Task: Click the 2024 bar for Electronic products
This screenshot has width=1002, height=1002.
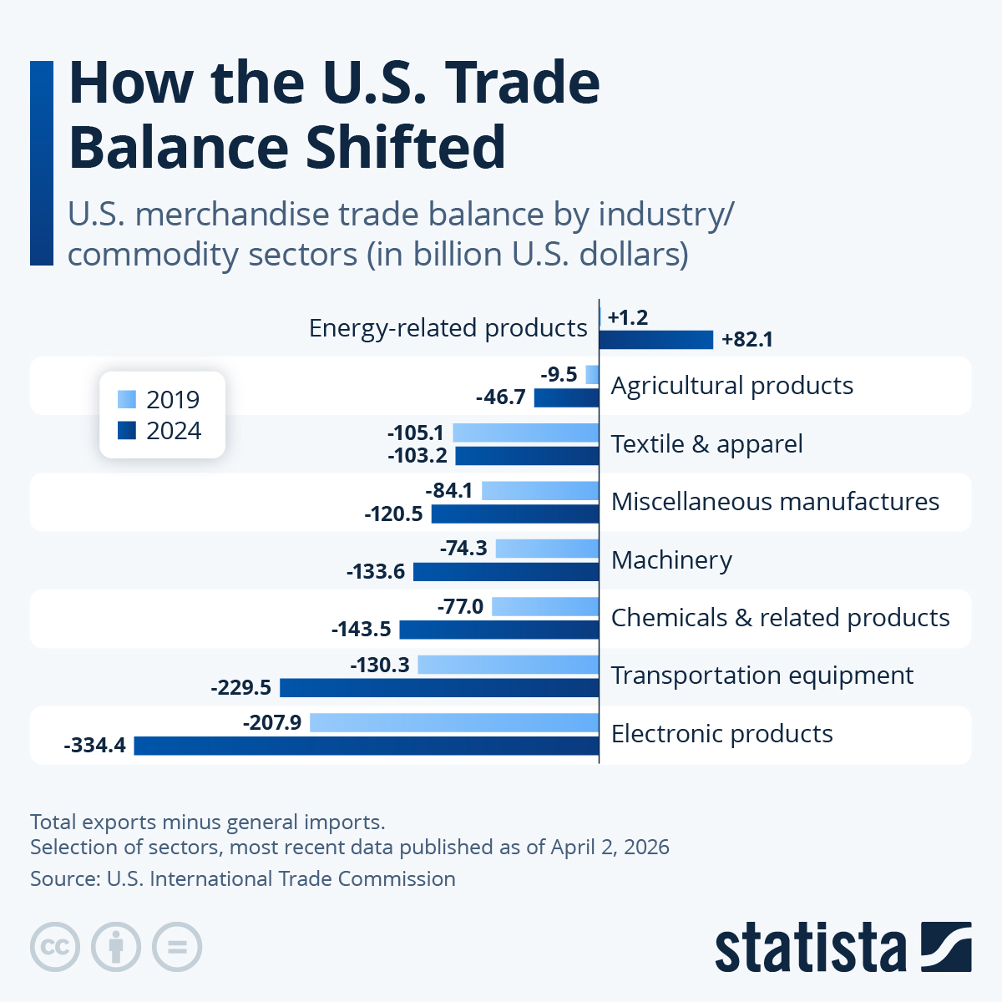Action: pos(366,746)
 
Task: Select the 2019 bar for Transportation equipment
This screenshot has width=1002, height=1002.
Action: pos(508,665)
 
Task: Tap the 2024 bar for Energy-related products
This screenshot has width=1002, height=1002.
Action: pos(656,340)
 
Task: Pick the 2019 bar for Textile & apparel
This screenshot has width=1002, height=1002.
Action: pos(525,433)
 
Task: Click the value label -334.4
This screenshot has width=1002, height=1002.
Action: pos(95,746)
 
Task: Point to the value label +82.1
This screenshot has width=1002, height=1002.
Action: pos(747,340)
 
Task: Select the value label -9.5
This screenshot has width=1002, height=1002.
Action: pos(559,374)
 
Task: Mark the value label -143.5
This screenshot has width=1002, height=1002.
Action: pos(362,630)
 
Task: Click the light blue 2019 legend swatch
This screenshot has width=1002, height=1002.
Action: pos(127,399)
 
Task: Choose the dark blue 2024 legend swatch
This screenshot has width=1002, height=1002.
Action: pos(127,431)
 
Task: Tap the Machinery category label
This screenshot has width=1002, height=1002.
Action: pos(671,560)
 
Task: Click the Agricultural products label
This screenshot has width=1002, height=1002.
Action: pos(731,386)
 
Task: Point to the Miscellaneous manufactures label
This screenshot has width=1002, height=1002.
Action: pos(775,502)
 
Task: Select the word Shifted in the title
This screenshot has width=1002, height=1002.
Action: pos(405,147)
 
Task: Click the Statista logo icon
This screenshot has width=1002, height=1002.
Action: pos(946,947)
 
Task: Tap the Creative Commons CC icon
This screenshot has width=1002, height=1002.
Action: pos(55,947)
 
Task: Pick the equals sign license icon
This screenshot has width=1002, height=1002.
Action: pos(177,947)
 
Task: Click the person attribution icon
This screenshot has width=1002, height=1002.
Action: pos(116,947)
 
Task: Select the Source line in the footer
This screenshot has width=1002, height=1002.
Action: pos(243,879)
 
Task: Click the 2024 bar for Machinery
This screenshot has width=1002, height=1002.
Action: pos(506,572)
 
